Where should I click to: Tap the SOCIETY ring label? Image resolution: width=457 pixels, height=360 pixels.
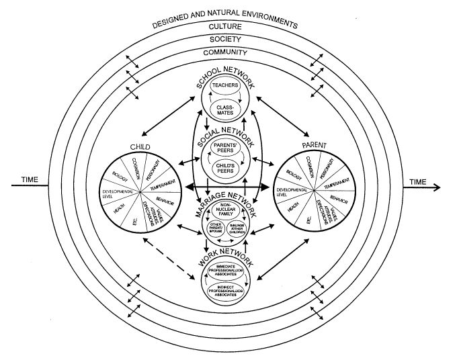pyautogui.click(x=224, y=39)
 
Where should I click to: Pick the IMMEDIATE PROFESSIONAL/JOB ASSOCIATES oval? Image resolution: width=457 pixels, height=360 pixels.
pyautogui.click(x=224, y=270)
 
